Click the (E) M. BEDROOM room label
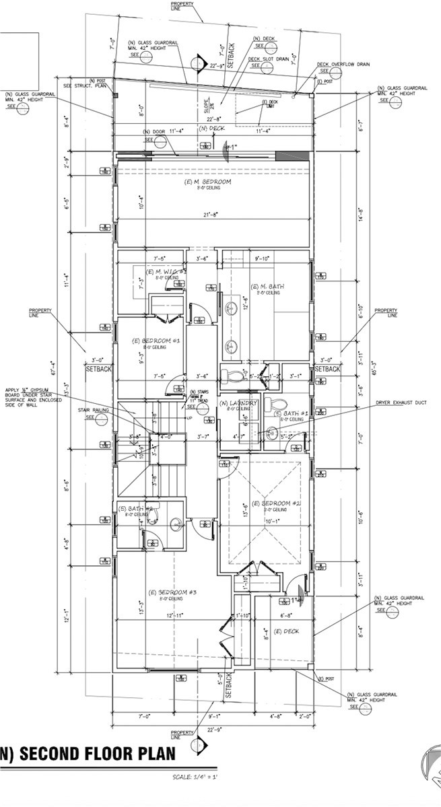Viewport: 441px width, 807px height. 207,182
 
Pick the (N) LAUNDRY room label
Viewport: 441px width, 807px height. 239,402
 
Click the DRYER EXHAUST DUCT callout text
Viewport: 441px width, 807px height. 401,403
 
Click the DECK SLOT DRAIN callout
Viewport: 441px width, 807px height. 269,59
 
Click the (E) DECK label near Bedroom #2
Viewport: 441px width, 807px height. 286,631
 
